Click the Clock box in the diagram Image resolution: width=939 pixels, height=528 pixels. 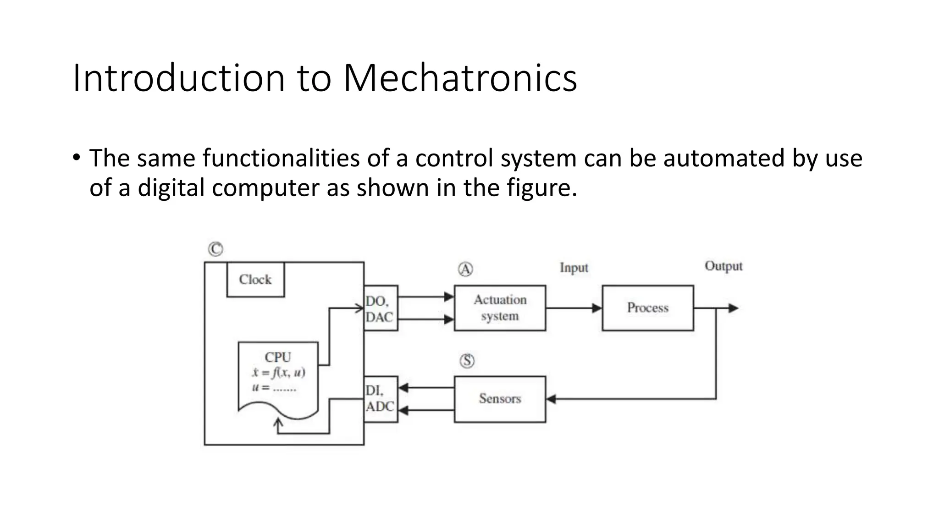pyautogui.click(x=255, y=280)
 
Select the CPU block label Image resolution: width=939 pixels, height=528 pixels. pyautogui.click(x=278, y=357)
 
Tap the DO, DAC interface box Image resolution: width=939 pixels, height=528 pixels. pyautogui.click(x=380, y=308)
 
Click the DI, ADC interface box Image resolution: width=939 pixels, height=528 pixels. pyautogui.click(x=380, y=399)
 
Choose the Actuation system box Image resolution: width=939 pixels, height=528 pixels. pyautogui.click(x=500, y=308)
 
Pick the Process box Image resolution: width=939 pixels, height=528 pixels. pyautogui.click(x=647, y=308)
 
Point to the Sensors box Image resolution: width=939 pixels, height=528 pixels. pyautogui.click(x=500, y=399)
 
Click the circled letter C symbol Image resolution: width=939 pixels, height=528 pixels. pyautogui.click(x=215, y=249)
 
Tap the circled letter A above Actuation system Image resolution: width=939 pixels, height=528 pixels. pyautogui.click(x=465, y=269)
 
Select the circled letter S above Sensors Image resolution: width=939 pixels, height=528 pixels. pyautogui.click(x=467, y=361)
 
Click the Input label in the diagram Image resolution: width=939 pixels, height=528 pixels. pyautogui.click(x=574, y=268)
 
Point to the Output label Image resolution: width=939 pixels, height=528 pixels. pyautogui.click(x=723, y=266)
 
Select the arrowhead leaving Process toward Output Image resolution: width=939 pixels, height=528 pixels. pyautogui.click(x=733, y=308)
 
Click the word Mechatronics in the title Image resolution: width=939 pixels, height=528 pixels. pyautogui.click(x=460, y=78)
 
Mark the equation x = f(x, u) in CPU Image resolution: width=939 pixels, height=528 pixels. pyautogui.click(x=278, y=372)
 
